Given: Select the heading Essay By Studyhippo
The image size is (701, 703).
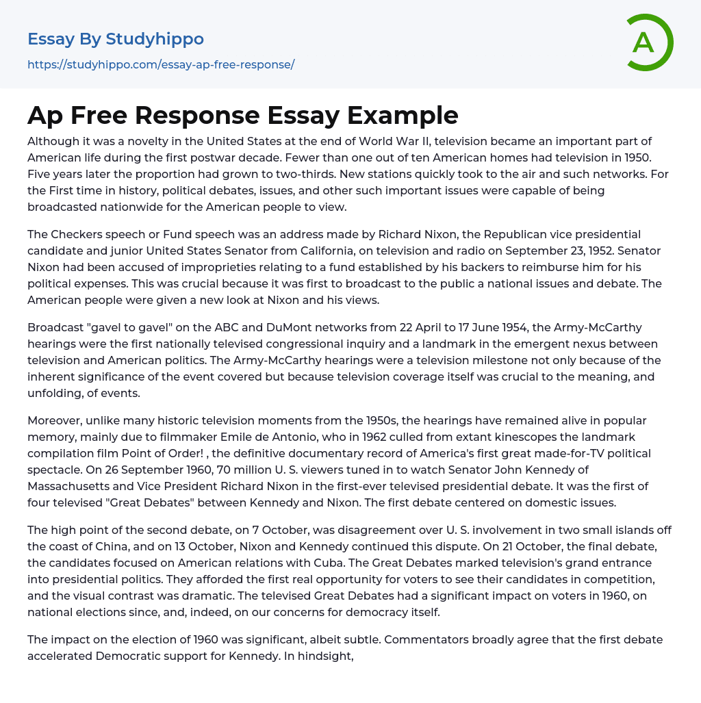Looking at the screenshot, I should click(x=116, y=39).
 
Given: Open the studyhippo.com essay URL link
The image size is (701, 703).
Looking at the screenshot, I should click(x=161, y=65).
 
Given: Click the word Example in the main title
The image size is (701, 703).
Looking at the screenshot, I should click(x=404, y=115).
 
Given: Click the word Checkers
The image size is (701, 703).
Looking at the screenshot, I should click(x=78, y=234).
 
